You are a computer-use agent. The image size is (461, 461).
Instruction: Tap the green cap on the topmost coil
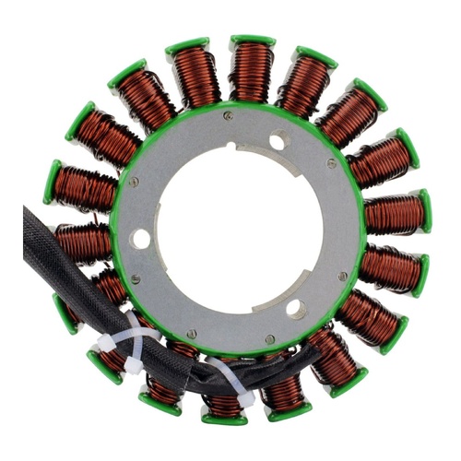tap(252, 42)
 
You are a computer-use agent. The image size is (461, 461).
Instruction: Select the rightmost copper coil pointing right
tap(392, 214)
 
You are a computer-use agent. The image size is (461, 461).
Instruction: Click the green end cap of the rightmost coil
tap(424, 211)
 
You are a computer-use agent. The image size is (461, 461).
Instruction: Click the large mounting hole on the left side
tap(140, 239)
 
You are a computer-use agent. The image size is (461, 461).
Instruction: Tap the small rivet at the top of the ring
tap(227, 117)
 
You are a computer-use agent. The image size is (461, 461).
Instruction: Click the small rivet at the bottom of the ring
tap(192, 334)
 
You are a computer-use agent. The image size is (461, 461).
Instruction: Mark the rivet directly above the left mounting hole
tap(134, 182)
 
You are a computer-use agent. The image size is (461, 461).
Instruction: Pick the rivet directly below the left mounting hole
tap(136, 278)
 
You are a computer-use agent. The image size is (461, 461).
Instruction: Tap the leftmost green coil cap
tap(52, 181)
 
